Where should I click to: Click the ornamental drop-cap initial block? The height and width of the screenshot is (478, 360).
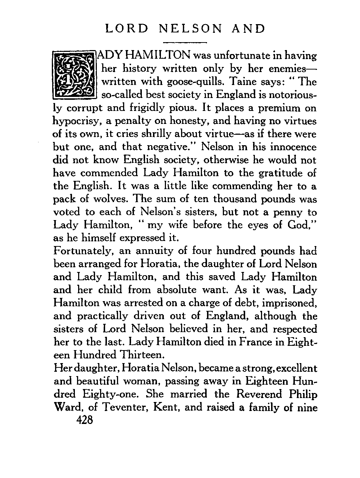(x=75, y=75)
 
